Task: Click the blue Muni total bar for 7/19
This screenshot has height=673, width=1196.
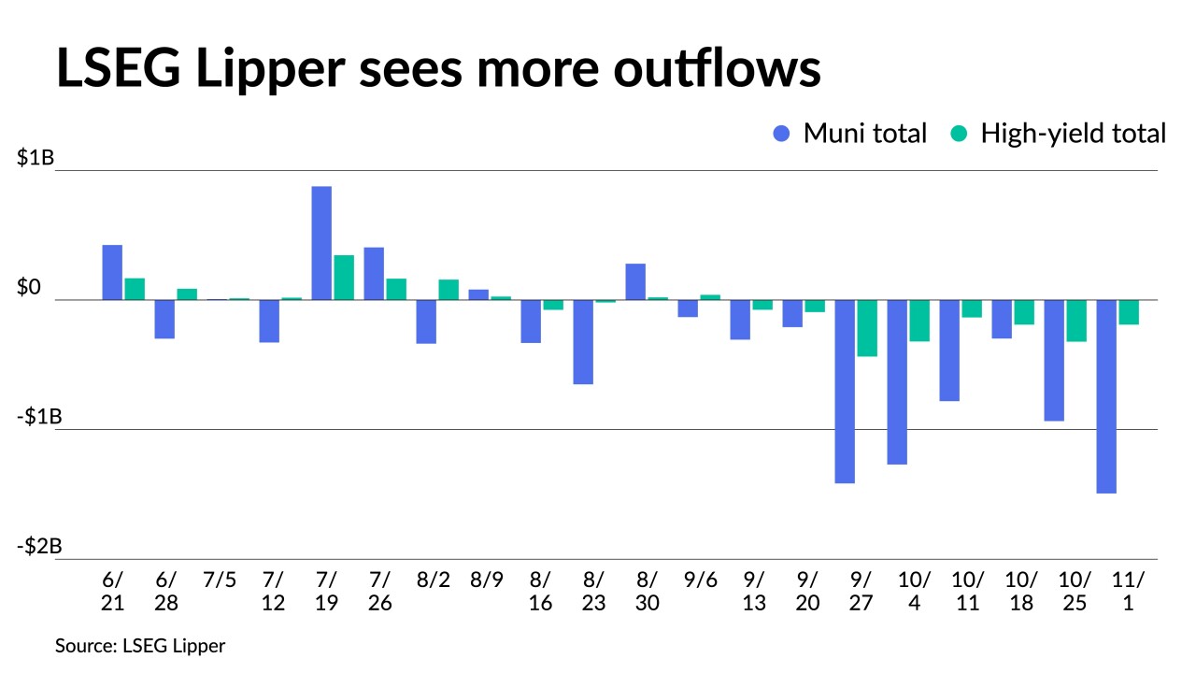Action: [321, 243]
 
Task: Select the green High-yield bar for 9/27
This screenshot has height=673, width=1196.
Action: [867, 328]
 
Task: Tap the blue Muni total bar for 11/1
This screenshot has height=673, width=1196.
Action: [1106, 396]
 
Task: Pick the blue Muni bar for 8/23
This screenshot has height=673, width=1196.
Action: [583, 342]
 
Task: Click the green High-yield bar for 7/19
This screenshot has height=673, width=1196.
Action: [344, 278]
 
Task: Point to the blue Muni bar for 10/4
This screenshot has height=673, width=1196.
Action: [897, 382]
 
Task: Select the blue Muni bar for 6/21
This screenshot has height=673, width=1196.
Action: [112, 272]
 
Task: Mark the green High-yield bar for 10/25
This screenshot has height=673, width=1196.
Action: [1076, 321]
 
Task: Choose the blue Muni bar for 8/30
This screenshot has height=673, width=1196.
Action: [635, 281]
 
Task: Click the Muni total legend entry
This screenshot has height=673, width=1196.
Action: [850, 134]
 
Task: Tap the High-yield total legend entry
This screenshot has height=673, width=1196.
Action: [1058, 134]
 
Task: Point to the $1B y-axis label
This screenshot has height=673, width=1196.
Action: [36, 158]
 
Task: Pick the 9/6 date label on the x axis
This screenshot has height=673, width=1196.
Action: [701, 580]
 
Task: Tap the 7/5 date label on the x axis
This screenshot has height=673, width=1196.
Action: [219, 580]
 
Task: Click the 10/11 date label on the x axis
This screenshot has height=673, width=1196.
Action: [968, 591]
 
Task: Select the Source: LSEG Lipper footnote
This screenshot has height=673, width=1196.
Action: [140, 646]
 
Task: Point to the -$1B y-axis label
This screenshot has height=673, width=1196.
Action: [37, 417]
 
